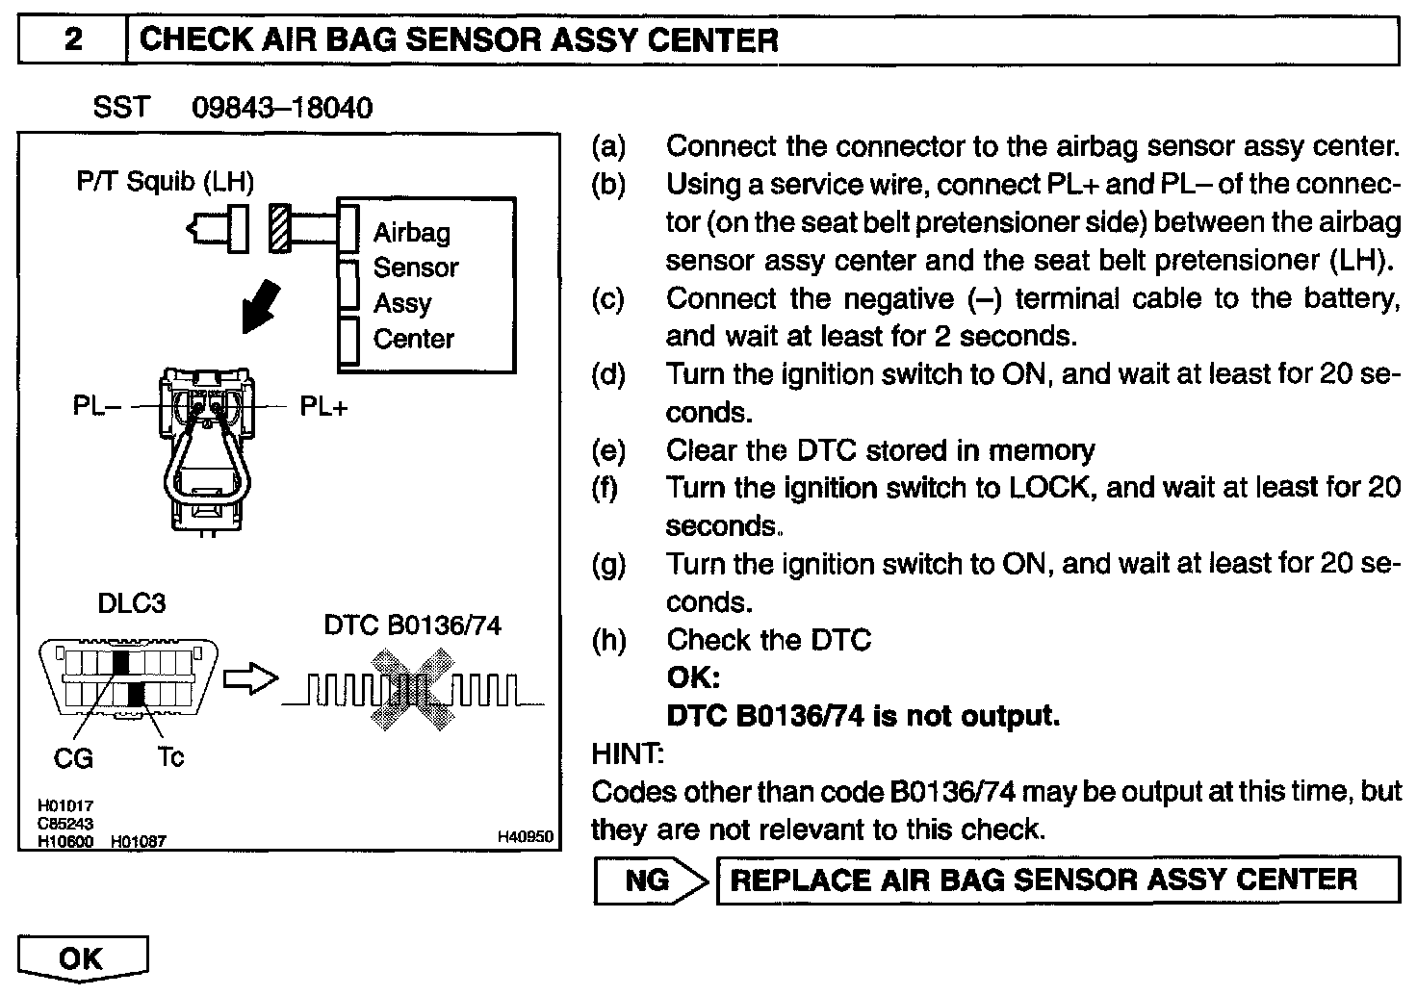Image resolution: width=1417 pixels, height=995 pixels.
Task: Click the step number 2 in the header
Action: point(73,40)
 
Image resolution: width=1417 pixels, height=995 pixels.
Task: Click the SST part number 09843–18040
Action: point(282,107)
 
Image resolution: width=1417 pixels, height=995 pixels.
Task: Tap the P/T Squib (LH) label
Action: point(166,181)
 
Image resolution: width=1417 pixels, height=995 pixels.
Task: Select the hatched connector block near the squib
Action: point(280,229)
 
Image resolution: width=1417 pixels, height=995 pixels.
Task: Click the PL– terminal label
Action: point(97,406)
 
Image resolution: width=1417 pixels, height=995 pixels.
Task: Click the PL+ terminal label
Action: point(323,406)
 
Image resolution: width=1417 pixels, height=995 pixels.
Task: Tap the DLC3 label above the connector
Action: point(132,603)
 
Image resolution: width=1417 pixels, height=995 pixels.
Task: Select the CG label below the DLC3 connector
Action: point(73,759)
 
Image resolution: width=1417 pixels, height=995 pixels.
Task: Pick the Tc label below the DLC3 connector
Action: point(170,757)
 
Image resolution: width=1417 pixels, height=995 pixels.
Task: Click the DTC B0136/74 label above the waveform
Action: point(412,625)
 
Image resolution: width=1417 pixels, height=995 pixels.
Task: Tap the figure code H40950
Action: point(525,838)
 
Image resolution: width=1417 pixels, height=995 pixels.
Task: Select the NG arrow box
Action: point(652,880)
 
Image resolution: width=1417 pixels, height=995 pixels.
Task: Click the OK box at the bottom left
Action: point(82,958)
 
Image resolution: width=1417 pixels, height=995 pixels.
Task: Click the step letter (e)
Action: point(607,450)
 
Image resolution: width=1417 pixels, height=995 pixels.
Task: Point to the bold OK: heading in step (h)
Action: point(693,677)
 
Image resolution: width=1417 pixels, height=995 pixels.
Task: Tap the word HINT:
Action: point(628,753)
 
